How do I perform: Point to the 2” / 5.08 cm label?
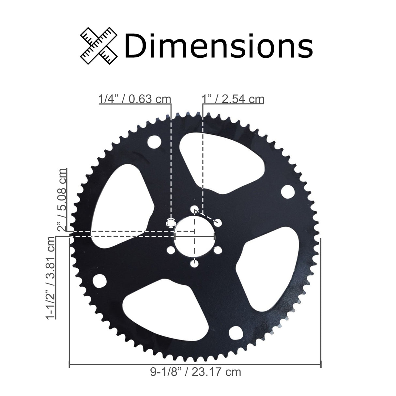pos(62,200)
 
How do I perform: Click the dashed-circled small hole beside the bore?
pos(171,223)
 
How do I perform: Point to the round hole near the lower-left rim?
pos(100,281)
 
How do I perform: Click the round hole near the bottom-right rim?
pos(235,333)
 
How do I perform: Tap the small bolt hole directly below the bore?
pos(195,263)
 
